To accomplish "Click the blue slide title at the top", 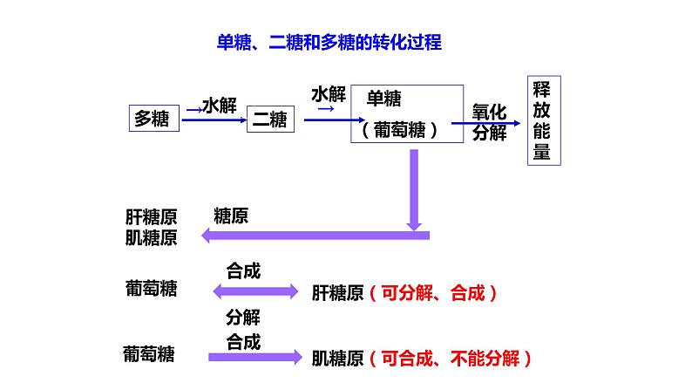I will (x=329, y=41).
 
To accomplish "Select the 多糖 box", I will (x=155, y=119).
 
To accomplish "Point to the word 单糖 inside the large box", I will (x=384, y=99).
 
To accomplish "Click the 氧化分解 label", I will (x=489, y=123).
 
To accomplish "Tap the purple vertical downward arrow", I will (x=414, y=187).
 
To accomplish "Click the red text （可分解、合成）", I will (x=432, y=293).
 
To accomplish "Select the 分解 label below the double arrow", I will (x=243, y=317).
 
